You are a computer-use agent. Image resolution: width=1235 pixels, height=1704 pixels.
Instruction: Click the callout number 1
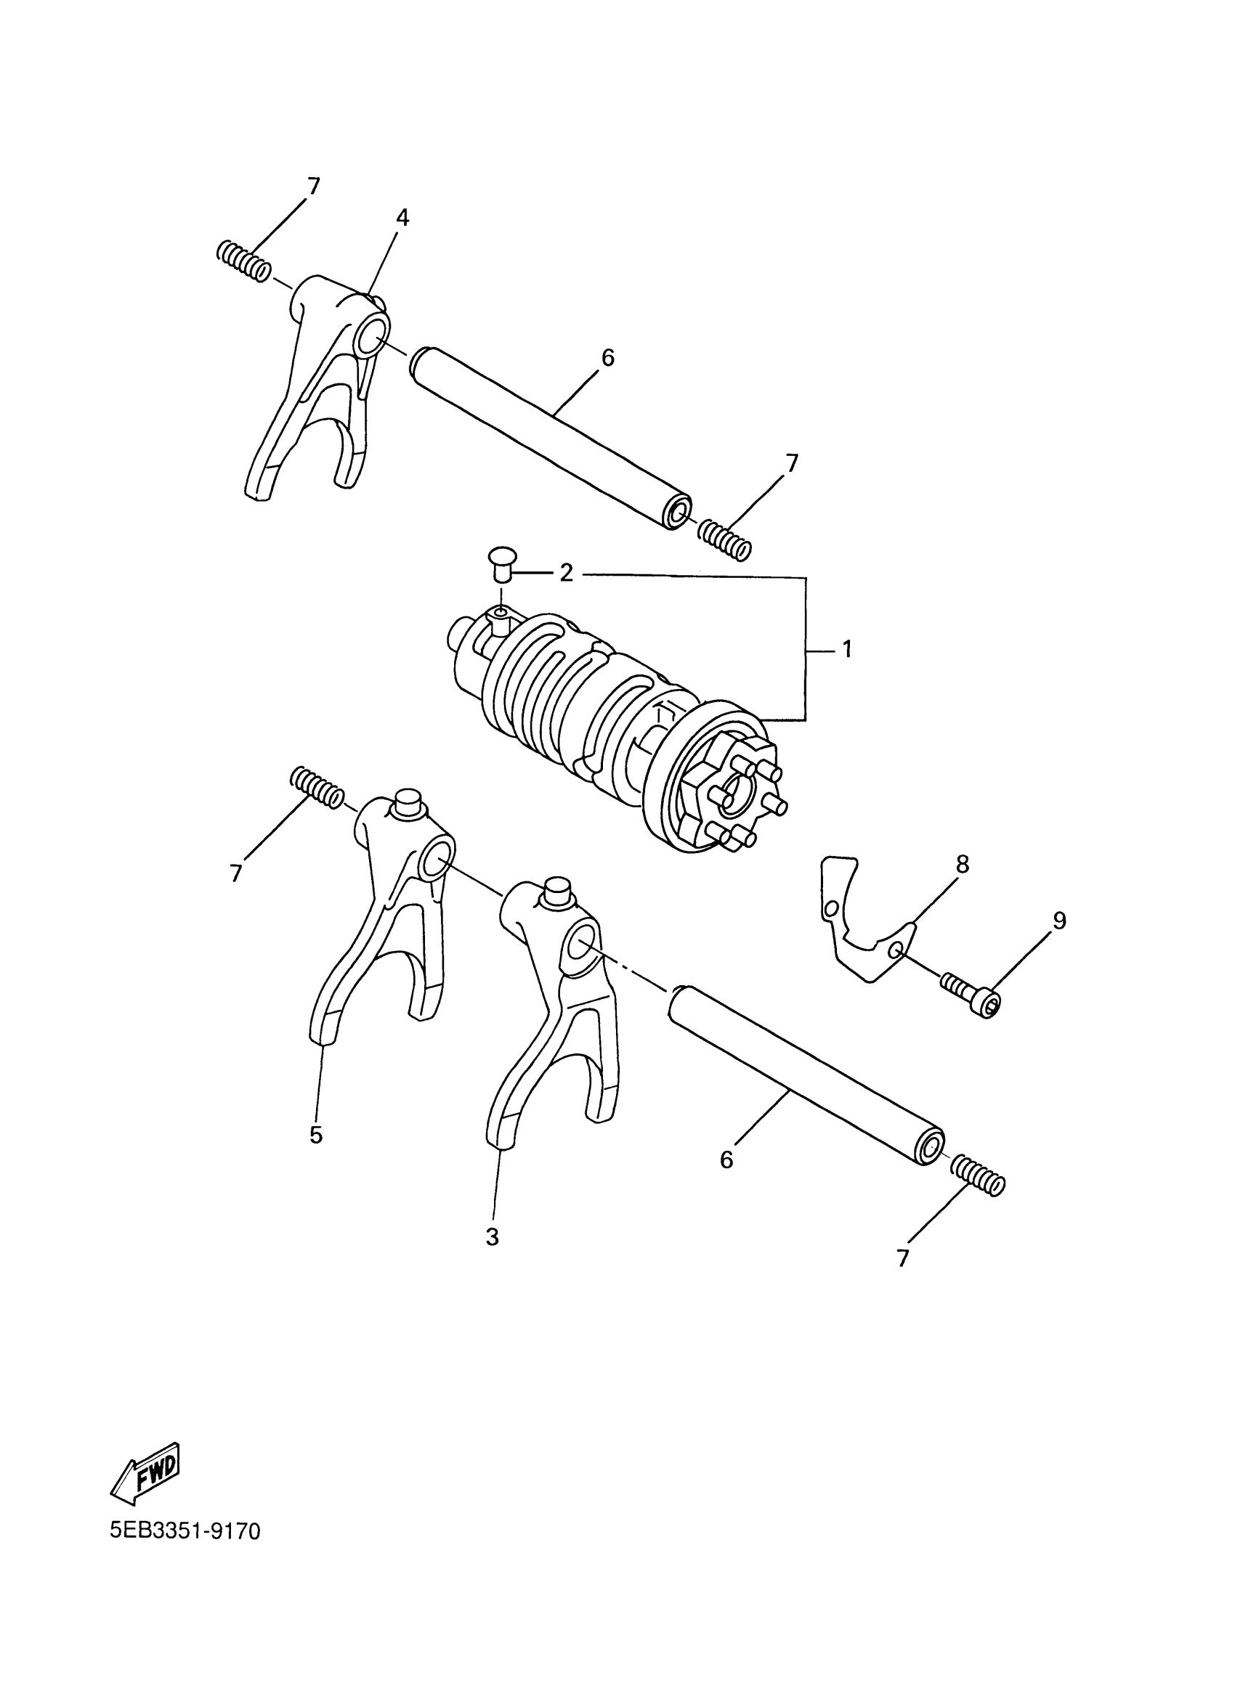point(846,648)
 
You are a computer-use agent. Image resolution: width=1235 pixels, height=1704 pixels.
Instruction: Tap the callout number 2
point(566,574)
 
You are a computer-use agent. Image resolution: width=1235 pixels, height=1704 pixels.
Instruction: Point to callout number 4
point(403,219)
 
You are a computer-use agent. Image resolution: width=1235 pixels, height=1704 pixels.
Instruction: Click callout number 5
point(316,1134)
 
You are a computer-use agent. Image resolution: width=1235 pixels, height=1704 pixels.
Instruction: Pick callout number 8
point(961,865)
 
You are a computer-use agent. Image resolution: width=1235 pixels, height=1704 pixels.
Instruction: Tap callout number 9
point(1058,921)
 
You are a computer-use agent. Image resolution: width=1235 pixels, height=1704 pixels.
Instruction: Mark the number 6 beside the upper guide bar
point(608,359)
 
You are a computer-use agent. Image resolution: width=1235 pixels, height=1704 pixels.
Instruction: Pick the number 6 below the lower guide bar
point(726,1160)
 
